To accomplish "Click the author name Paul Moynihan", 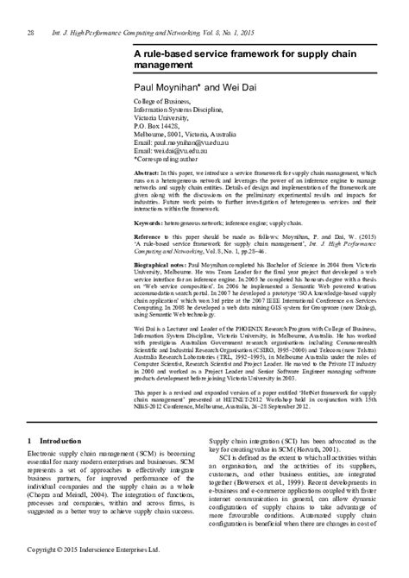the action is coord(167,88).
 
